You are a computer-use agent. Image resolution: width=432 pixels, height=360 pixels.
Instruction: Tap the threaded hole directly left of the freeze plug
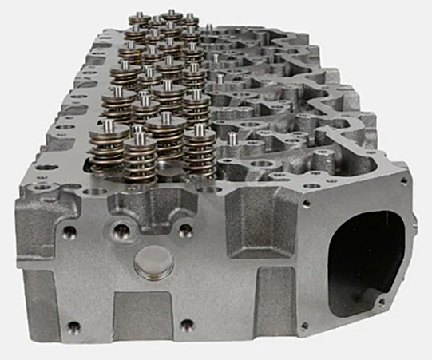click(121, 232)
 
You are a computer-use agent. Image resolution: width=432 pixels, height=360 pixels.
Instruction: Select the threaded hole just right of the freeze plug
click(184, 231)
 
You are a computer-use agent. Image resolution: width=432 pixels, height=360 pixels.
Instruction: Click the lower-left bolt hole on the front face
click(73, 325)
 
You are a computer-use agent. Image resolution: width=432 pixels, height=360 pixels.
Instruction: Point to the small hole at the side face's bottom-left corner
click(303, 326)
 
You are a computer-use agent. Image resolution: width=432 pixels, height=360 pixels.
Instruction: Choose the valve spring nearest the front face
click(140, 156)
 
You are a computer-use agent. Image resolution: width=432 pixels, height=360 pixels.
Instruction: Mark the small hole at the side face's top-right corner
click(404, 182)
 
